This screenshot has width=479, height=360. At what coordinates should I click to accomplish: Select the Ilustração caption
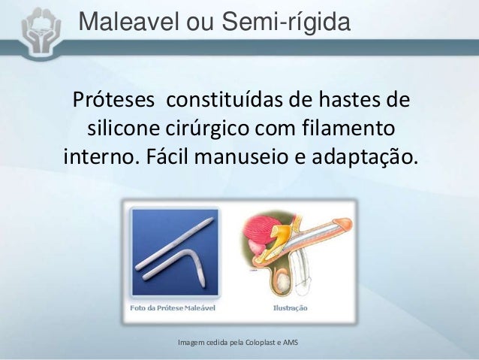click(x=288, y=307)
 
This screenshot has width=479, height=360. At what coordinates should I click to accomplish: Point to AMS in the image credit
click(x=291, y=343)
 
